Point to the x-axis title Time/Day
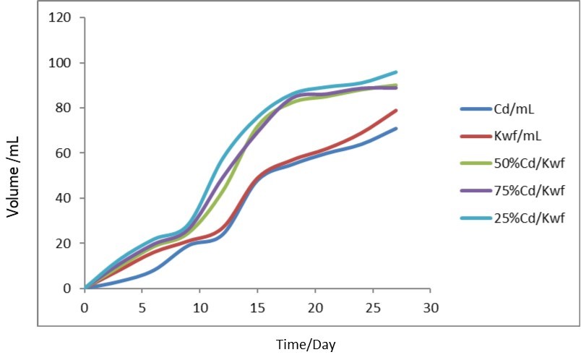306,345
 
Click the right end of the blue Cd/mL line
396,129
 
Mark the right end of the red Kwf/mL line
396,111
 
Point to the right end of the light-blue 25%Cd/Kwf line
396,72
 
